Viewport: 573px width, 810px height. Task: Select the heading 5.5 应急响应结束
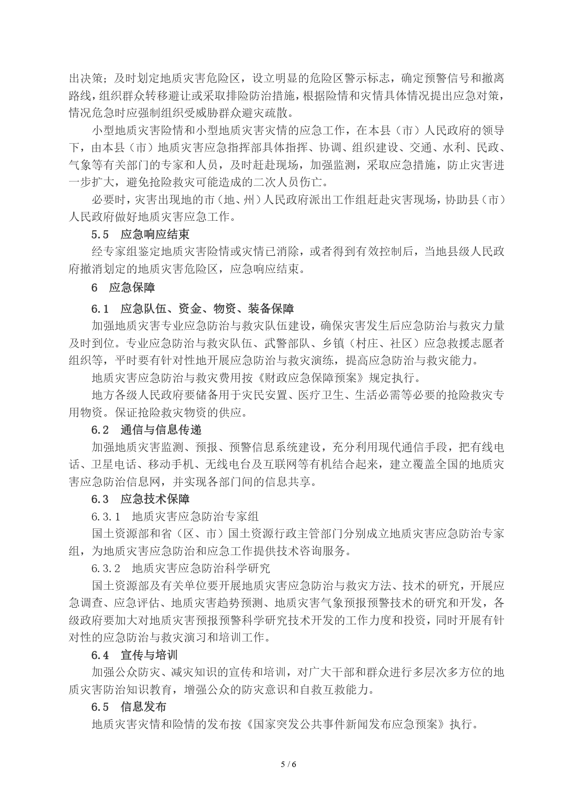point(140,234)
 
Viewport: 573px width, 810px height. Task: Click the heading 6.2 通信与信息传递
point(146,429)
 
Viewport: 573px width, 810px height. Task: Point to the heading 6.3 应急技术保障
point(140,499)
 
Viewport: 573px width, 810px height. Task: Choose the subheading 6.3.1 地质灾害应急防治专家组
point(175,516)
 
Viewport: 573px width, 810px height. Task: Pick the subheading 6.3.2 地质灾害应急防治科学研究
point(181,568)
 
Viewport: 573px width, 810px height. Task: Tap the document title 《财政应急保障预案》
point(310,378)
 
